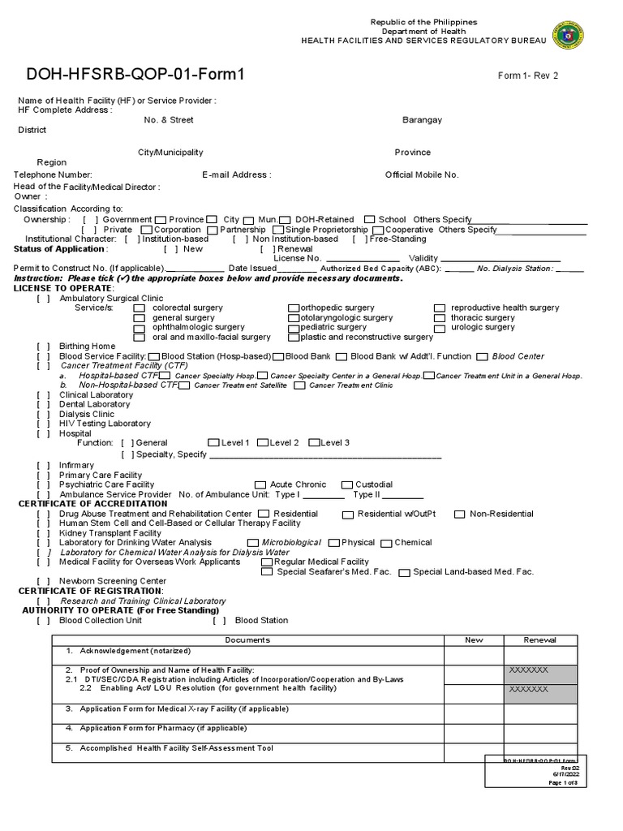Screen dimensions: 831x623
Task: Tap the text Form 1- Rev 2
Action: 528,76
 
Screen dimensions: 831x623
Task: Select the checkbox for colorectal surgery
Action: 140,308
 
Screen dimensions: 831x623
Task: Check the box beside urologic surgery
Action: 439,328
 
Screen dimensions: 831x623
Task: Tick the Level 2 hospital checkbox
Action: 263,443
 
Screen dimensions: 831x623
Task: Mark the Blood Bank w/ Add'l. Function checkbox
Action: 342,356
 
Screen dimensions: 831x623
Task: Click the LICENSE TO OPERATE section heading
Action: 63,288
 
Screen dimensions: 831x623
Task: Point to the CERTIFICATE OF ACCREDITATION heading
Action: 92,504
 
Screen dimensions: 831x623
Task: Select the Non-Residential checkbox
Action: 460,515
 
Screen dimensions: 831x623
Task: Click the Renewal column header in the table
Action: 540,640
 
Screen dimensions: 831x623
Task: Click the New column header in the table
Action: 474,640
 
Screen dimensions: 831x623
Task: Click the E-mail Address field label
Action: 237,174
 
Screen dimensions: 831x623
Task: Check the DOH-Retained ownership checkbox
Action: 286,220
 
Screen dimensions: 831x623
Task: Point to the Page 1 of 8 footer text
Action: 565,782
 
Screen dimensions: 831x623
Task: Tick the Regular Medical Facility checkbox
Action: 267,562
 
